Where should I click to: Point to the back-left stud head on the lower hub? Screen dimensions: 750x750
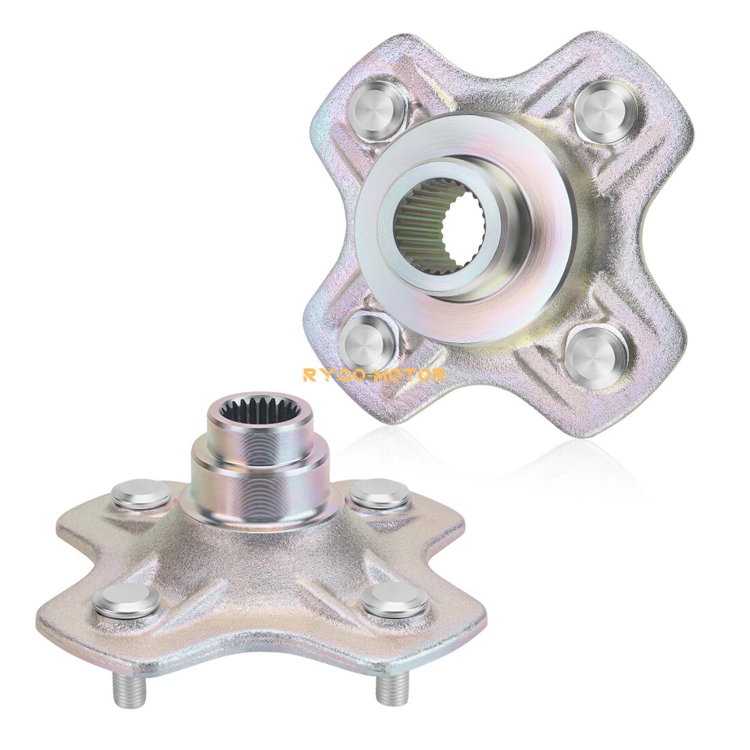141,494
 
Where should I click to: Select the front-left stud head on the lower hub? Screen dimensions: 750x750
127,600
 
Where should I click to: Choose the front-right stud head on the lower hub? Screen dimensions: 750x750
395,601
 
